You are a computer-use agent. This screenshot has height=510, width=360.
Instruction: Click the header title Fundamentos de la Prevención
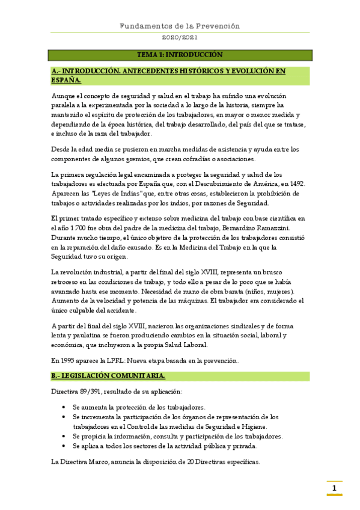click(x=180, y=26)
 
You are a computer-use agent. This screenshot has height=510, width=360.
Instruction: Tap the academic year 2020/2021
click(x=180, y=37)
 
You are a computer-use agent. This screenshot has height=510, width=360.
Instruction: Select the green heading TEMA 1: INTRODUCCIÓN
click(x=180, y=55)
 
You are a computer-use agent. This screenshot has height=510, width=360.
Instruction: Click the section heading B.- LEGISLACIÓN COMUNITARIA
click(x=108, y=376)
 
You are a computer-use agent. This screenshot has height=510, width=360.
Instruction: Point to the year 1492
click(x=295, y=183)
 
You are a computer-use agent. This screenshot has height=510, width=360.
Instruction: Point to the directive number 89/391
click(x=92, y=392)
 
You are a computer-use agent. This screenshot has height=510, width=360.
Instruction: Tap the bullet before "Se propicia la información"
click(x=64, y=437)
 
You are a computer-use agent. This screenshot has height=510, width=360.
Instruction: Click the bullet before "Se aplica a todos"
click(x=64, y=446)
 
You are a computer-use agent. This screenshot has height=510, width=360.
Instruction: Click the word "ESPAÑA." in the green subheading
click(x=66, y=79)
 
